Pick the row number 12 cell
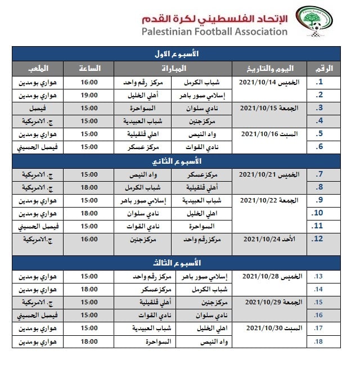click(x=318, y=239)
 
